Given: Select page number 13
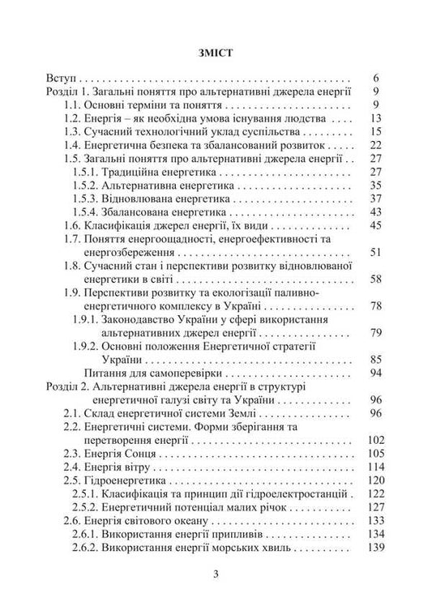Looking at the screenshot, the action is [x=374, y=117].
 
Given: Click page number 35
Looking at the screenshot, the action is [x=374, y=186].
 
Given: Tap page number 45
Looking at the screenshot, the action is [x=374, y=225].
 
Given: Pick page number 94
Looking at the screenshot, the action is [x=374, y=373].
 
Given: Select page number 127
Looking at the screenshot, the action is [x=371, y=505].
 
